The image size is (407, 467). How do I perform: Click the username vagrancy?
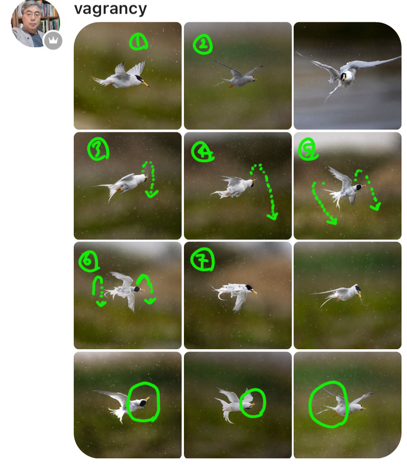tap(110, 9)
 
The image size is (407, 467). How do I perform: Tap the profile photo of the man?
tap(35, 24)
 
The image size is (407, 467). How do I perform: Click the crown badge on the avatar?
tap(53, 40)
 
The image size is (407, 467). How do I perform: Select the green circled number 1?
tap(138, 42)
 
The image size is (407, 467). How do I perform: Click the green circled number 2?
tap(203, 45)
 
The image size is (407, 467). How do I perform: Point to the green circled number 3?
tap(98, 149)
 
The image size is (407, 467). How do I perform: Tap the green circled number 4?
tap(203, 151)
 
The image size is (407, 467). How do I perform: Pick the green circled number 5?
tap(308, 149)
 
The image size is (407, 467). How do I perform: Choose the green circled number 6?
tap(88, 261)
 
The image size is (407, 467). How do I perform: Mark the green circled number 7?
tap(203, 259)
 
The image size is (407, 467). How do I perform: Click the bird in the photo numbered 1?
tap(120, 76)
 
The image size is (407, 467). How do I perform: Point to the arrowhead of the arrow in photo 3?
tap(152, 194)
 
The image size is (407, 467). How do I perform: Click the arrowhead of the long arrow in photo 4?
tap(273, 216)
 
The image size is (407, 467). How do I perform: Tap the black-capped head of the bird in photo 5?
tap(359, 187)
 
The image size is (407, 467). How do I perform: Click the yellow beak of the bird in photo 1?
tap(145, 84)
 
